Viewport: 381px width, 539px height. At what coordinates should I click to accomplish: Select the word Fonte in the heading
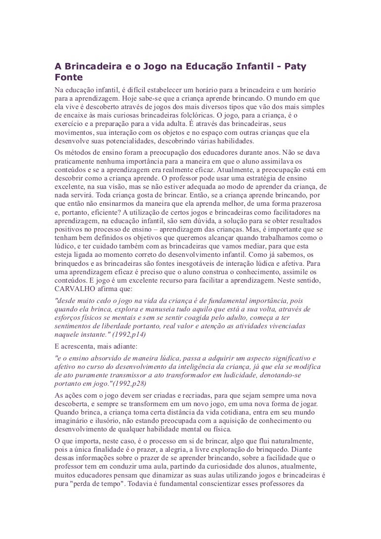coord(68,78)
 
